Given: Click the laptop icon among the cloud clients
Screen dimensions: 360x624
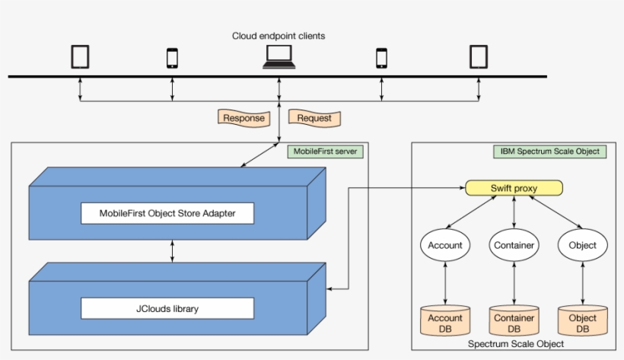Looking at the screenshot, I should click(279, 57).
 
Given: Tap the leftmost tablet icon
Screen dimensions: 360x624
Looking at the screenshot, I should click(80, 57).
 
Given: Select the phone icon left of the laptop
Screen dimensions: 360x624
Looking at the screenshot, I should click(172, 58).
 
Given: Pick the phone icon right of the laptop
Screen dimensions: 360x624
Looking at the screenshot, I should click(381, 58).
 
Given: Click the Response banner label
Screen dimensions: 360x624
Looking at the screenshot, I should click(244, 118).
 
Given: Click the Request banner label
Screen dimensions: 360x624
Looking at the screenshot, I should click(314, 118).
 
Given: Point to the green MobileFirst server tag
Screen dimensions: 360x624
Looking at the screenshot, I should click(325, 151).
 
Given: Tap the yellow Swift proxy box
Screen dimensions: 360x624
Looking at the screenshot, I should click(514, 188).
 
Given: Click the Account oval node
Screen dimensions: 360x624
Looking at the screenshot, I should click(445, 245).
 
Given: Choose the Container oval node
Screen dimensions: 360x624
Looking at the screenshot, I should click(514, 245).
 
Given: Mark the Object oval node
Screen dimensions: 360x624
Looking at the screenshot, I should click(583, 245).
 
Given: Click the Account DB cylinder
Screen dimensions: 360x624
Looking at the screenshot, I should click(445, 322).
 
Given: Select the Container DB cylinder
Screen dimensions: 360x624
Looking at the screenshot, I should click(514, 322).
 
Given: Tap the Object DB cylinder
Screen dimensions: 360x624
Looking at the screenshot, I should click(583, 322).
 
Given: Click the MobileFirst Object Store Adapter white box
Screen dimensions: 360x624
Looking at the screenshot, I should click(167, 213).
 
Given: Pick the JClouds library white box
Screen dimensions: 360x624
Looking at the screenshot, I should click(167, 308).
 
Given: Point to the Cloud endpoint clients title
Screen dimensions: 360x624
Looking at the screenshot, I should click(279, 36).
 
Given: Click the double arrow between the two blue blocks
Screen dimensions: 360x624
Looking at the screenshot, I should click(173, 249).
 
